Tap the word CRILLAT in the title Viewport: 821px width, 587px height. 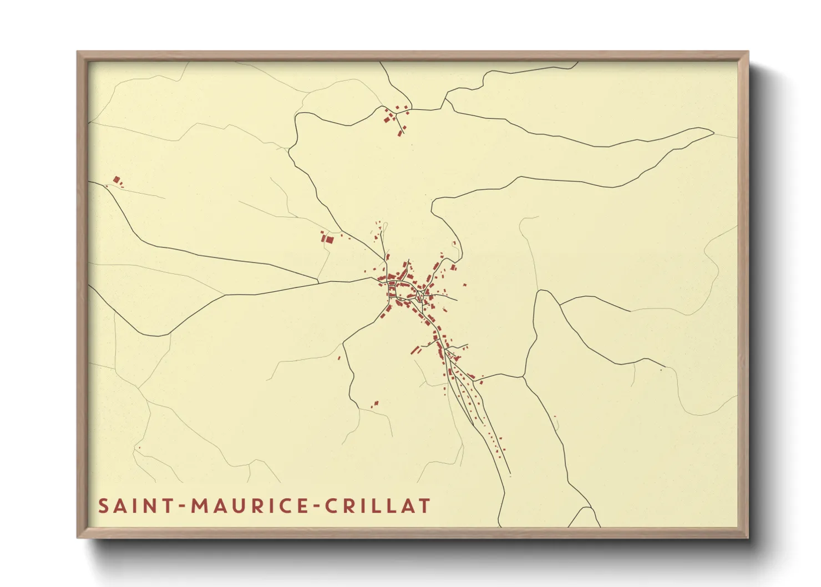pyautogui.click(x=377, y=506)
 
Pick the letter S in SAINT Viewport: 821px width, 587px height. pyautogui.click(x=103, y=506)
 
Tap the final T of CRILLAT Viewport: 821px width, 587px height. pyautogui.click(x=424, y=506)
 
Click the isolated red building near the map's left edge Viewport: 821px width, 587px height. pyautogui.click(x=116, y=180)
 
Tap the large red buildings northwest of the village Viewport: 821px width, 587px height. pyautogui.click(x=328, y=239)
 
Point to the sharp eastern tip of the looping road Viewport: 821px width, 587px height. pyautogui.click(x=713, y=131)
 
